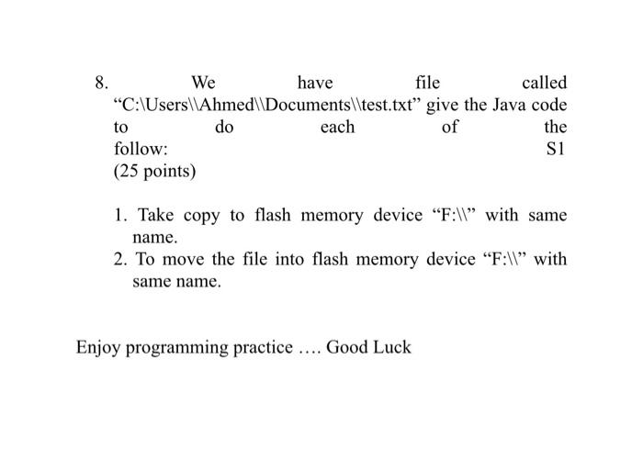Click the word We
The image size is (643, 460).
(x=203, y=84)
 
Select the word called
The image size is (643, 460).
(x=544, y=84)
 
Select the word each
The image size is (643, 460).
(x=337, y=127)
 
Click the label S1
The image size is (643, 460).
(x=556, y=149)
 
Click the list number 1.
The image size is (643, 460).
(x=120, y=216)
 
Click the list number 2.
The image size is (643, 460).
(x=120, y=260)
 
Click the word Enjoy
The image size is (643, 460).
(x=98, y=348)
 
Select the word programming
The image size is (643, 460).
(x=172, y=349)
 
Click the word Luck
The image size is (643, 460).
(x=392, y=348)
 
